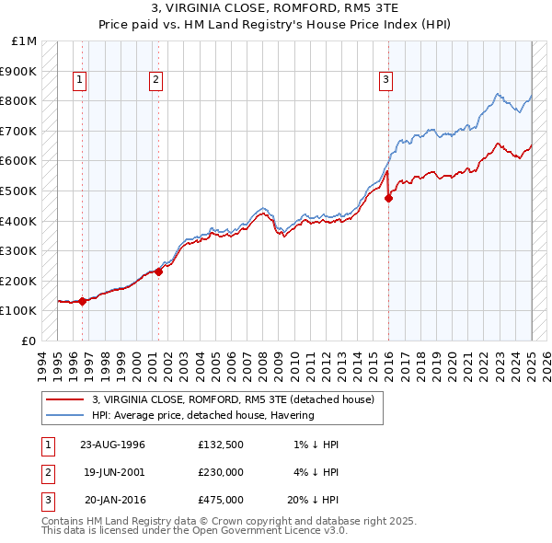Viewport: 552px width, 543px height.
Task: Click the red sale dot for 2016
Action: (x=388, y=198)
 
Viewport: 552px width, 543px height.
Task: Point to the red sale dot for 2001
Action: (x=158, y=271)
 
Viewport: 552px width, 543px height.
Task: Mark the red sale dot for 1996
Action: (x=83, y=301)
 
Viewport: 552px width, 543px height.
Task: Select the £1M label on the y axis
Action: (x=25, y=41)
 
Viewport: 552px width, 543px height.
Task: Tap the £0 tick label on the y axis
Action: (x=29, y=341)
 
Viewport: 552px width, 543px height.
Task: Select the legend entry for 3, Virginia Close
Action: (x=233, y=399)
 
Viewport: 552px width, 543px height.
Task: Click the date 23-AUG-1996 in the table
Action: (x=113, y=445)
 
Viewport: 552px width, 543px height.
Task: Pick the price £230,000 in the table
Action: (x=221, y=472)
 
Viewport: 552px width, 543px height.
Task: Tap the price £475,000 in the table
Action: (x=221, y=500)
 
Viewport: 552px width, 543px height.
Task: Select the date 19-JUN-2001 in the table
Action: (x=113, y=472)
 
